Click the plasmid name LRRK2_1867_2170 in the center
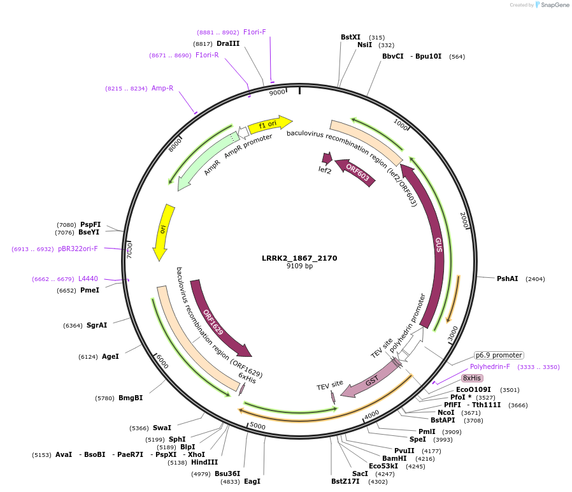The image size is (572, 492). (x=299, y=258)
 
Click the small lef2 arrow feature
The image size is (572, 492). (x=327, y=158)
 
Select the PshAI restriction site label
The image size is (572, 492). (x=508, y=279)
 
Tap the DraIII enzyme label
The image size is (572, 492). (x=228, y=43)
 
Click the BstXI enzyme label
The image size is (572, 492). (x=350, y=37)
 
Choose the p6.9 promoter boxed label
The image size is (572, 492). (x=499, y=355)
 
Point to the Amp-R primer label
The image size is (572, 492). (x=162, y=88)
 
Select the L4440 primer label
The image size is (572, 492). (x=88, y=279)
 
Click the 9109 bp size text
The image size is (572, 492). (x=299, y=266)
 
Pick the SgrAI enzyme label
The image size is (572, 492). (x=97, y=325)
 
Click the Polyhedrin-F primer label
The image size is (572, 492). (x=490, y=366)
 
